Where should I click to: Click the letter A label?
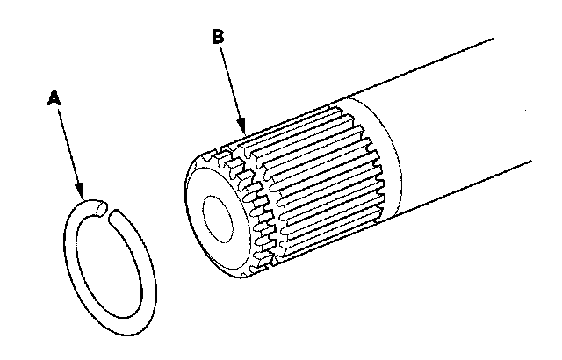point(53,99)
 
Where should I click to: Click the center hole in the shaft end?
point(216,220)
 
